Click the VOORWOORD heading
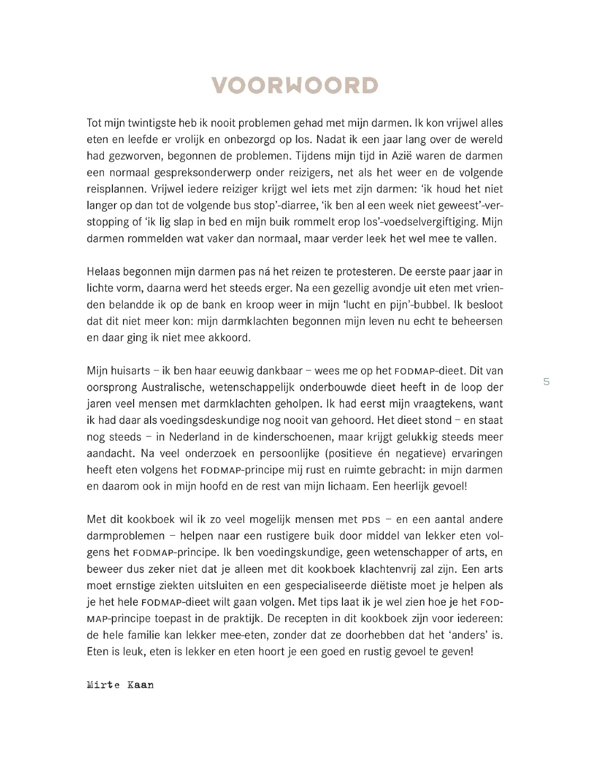coord(295,85)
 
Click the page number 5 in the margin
coord(547,381)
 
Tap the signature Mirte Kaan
coord(120,685)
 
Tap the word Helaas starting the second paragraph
coord(103,271)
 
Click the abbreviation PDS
coord(371,520)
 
